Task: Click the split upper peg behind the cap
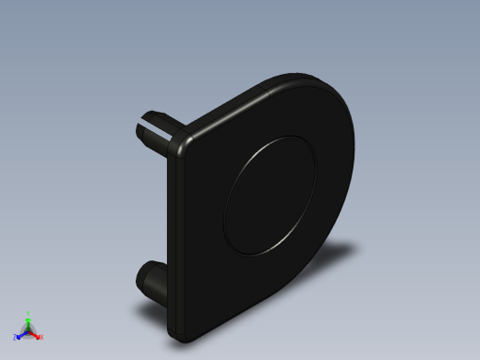[153, 129]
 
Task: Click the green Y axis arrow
[29, 318]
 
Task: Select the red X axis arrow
[36, 335]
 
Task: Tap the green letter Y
[29, 313]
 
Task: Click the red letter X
[42, 337]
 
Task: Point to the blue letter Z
[15, 338]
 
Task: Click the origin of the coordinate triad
[29, 330]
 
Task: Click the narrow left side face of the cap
[172, 240]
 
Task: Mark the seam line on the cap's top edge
[266, 87]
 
